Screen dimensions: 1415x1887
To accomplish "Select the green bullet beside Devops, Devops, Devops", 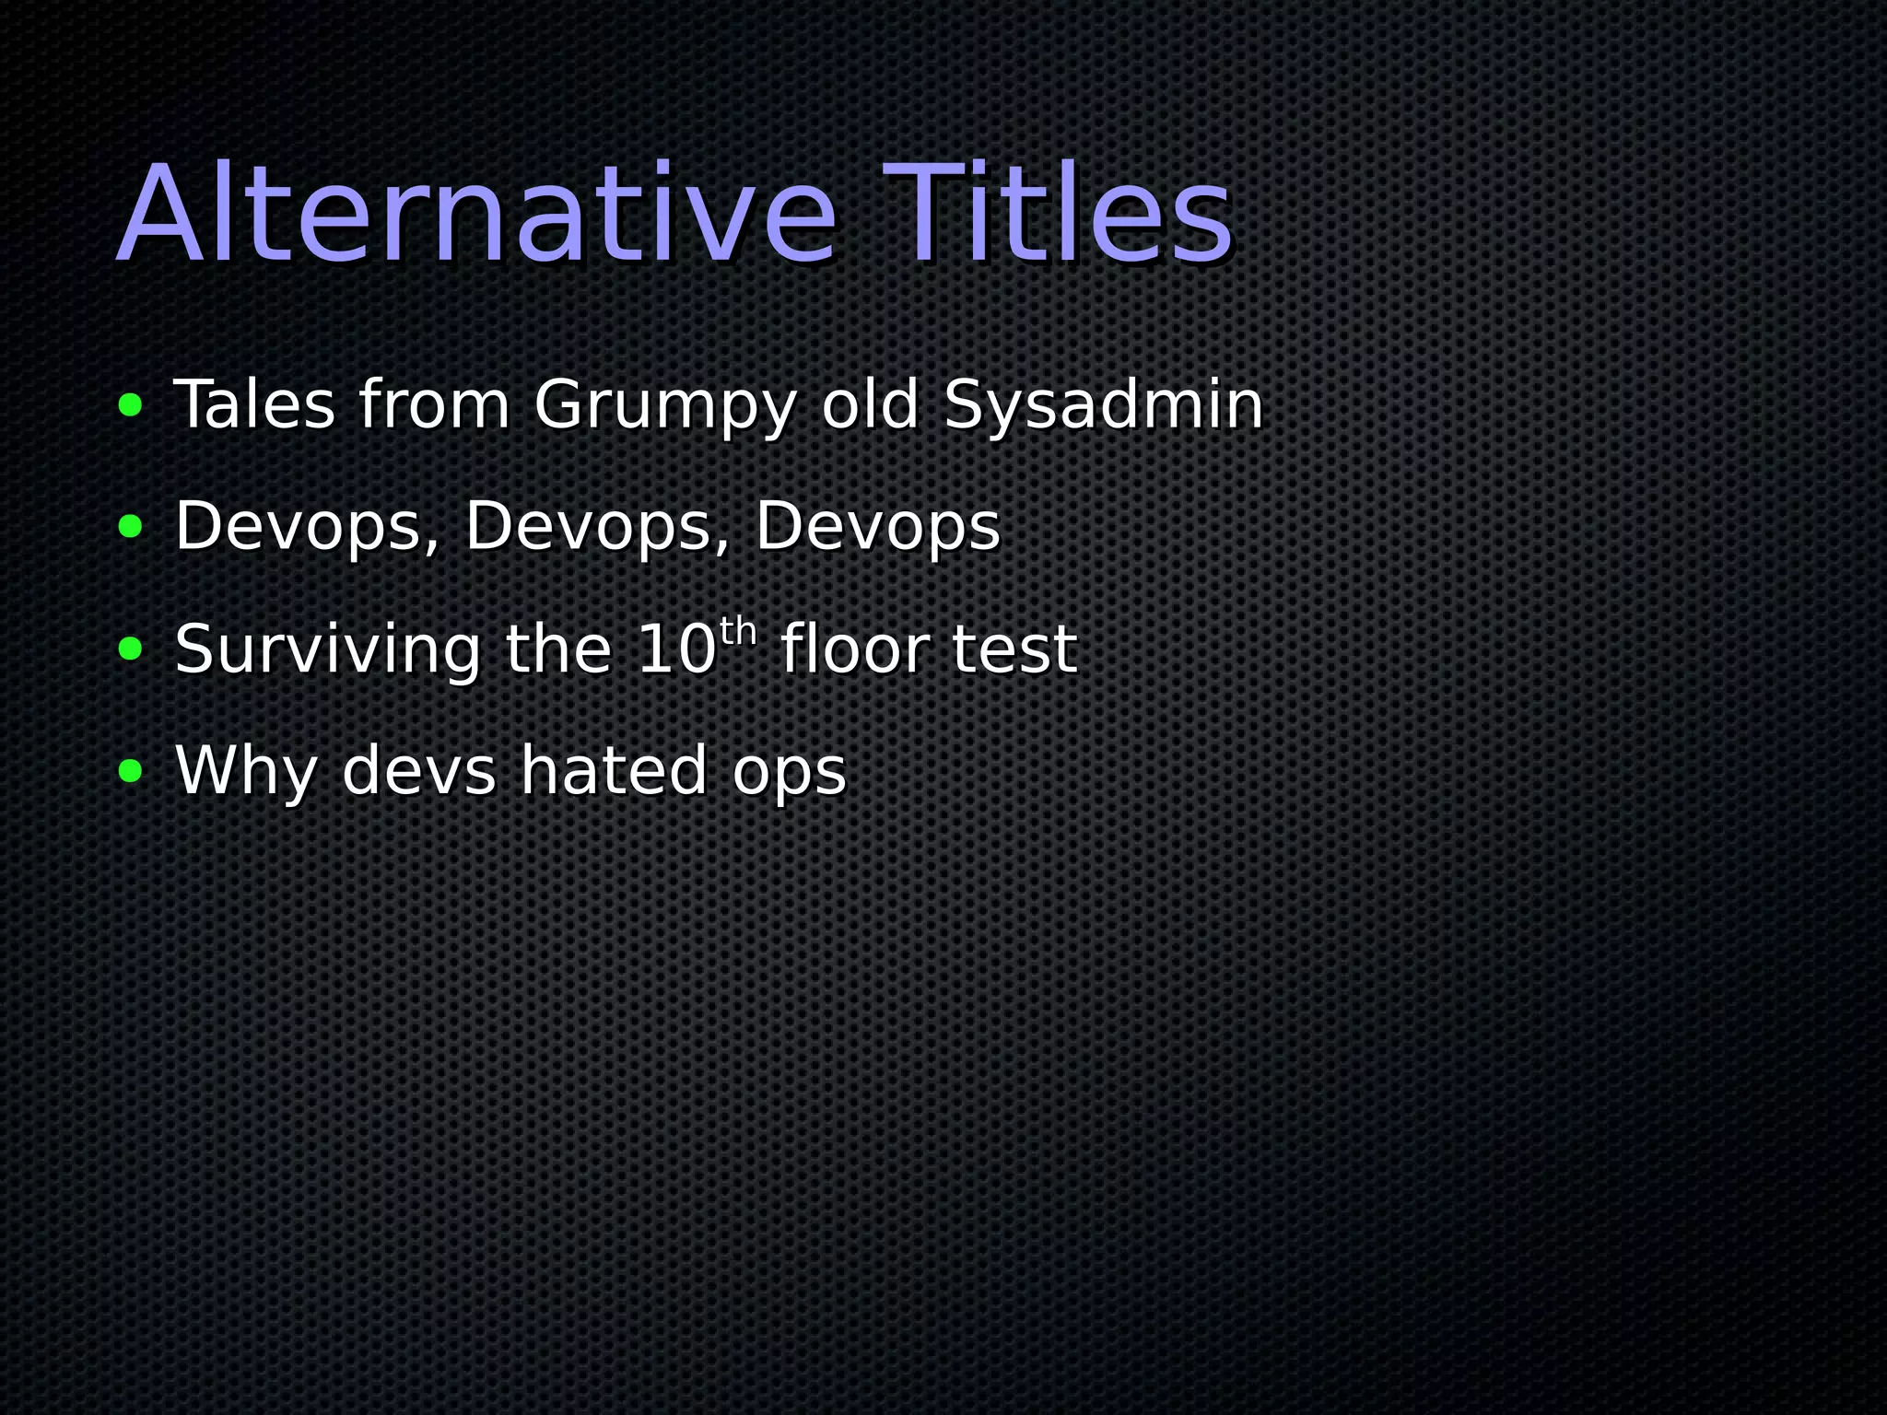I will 131,526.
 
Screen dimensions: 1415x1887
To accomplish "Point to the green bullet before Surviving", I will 131,649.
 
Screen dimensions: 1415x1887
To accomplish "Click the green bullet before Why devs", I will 131,770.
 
